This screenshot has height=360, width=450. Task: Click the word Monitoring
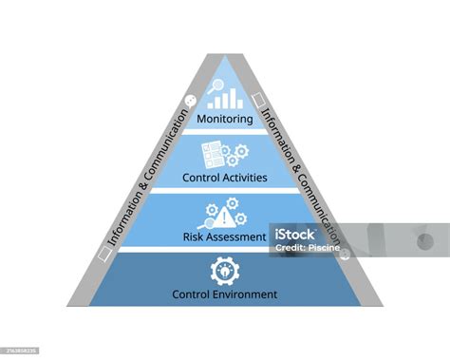225,120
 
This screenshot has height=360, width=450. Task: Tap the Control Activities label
225,177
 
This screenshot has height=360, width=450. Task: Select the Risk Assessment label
225,237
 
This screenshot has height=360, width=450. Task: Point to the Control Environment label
225,294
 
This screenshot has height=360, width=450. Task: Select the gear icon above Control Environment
225,270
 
